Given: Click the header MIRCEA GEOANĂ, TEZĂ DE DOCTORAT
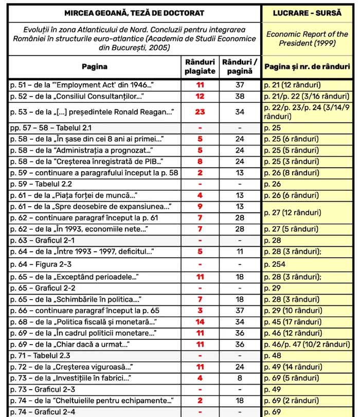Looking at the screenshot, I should click(134, 13).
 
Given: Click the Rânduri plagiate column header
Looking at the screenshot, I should click(200, 67).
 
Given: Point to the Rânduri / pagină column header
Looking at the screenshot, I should click(240, 67).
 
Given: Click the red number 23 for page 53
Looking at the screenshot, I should click(200, 112).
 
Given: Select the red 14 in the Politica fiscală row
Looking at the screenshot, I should click(200, 322).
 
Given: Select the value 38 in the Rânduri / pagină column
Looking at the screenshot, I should click(240, 96).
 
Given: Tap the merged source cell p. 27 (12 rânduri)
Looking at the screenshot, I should click(293, 212).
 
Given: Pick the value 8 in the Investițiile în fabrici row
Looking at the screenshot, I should click(240, 378).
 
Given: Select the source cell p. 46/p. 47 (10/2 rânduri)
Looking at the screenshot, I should click(307, 344).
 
